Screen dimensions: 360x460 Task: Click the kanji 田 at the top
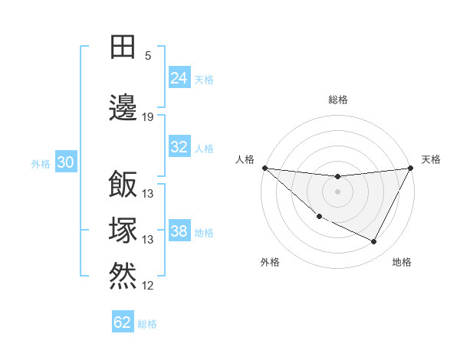[x=123, y=47]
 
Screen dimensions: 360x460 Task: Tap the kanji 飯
[x=123, y=184]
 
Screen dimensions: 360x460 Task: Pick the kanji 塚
[x=123, y=230]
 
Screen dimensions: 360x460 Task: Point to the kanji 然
[x=123, y=275]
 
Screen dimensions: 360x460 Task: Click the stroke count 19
[x=148, y=117]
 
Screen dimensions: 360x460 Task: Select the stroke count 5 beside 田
[x=148, y=56]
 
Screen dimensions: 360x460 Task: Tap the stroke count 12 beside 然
[x=148, y=286]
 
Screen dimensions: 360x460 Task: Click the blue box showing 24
[x=179, y=77]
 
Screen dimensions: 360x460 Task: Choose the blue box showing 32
[x=179, y=147]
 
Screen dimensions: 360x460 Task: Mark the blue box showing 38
[x=179, y=231]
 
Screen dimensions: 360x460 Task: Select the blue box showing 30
[x=66, y=163]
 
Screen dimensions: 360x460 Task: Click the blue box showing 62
[x=123, y=322]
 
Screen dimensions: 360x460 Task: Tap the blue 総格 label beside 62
[x=147, y=324]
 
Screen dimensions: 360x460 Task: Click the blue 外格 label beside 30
[x=41, y=164]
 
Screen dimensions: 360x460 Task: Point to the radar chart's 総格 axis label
[x=337, y=100]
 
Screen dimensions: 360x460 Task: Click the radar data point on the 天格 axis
[x=411, y=168]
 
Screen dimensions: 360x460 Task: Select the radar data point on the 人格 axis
[x=264, y=168]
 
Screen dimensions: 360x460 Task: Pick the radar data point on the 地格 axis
[x=374, y=242]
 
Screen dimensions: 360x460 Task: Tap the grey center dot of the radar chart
[x=337, y=191]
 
